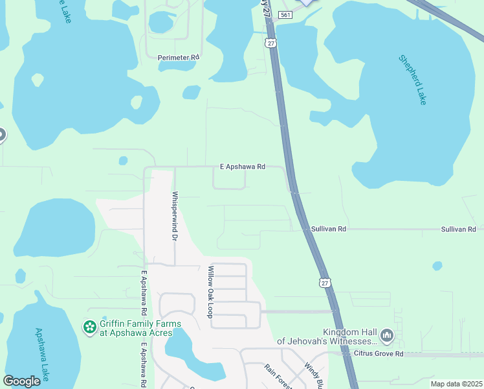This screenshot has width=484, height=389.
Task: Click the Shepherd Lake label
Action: (x=413, y=80)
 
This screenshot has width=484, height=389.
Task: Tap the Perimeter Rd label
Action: (x=179, y=58)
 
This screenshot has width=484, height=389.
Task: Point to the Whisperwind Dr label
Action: (x=175, y=217)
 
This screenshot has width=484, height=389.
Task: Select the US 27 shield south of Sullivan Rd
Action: (x=325, y=282)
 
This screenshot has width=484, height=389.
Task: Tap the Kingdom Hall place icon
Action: (x=387, y=335)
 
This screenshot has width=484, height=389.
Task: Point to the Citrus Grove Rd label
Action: (x=379, y=353)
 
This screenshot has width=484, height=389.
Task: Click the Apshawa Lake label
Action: (x=43, y=353)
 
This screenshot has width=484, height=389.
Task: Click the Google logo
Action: (x=21, y=381)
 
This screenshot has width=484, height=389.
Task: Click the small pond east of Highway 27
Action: (x=437, y=266)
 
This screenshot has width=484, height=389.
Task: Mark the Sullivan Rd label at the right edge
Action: (x=458, y=230)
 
